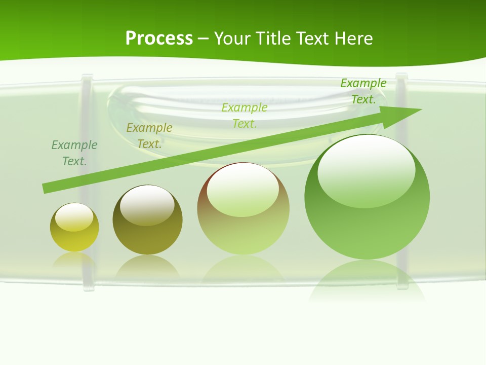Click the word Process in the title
[159, 39]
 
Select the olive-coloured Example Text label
[149, 136]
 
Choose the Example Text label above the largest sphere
[363, 91]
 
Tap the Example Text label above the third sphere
[245, 115]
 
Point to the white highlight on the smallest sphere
[74, 216]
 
